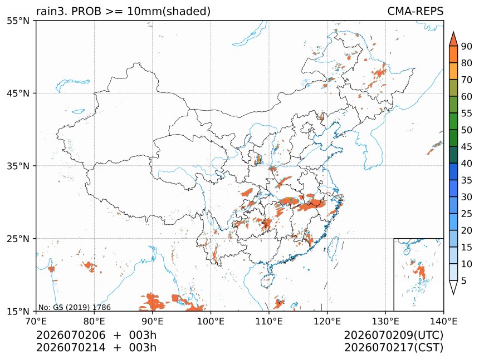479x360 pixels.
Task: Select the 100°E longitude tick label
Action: (211, 321)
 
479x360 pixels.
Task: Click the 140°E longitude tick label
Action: (443, 321)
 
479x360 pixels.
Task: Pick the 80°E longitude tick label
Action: (94, 321)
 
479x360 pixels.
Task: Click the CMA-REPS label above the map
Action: (415, 11)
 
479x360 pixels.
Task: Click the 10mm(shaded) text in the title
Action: (169, 11)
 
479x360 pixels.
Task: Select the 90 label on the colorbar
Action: (467, 46)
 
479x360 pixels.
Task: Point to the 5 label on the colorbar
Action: (464, 280)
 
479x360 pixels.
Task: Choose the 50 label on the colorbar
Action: (467, 130)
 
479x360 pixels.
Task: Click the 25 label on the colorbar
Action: (467, 214)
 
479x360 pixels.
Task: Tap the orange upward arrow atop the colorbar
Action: (453, 38)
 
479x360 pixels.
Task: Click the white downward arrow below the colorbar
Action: (453, 287)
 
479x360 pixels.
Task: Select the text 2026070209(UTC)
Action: (393, 335)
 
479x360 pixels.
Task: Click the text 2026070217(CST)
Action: (394, 348)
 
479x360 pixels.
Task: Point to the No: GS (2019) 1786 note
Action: (74, 307)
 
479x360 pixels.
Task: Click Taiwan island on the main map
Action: (333, 247)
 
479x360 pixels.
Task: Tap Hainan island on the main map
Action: (266, 280)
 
